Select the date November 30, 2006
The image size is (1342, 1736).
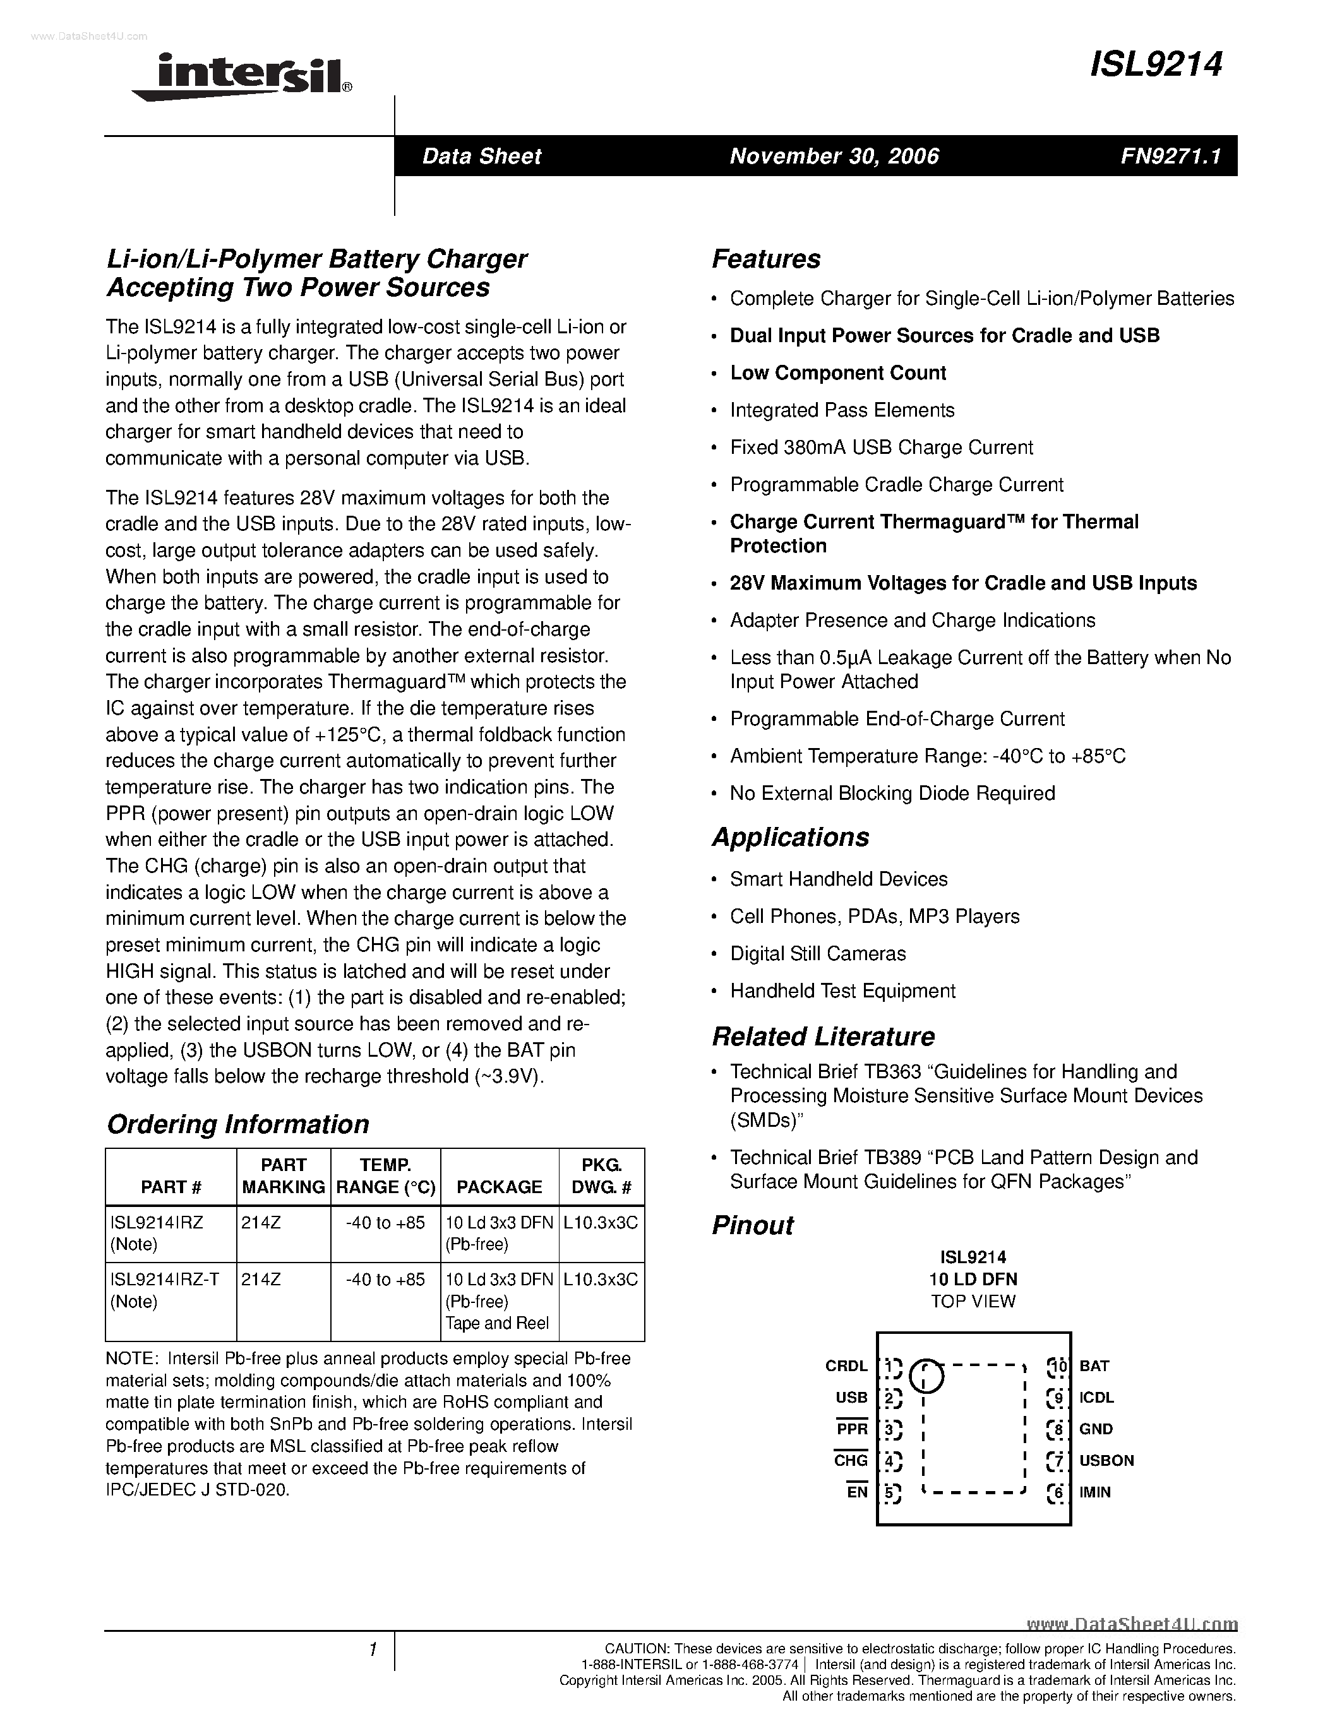click(x=834, y=156)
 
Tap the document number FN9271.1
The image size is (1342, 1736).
click(x=1170, y=156)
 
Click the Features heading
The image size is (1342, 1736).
click(x=765, y=259)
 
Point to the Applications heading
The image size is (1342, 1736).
click(x=790, y=837)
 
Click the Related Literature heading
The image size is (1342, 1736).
click(x=823, y=1037)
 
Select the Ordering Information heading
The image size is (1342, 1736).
click(x=237, y=1124)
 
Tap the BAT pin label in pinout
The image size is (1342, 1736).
click(x=1094, y=1365)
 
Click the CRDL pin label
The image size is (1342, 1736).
click(x=846, y=1365)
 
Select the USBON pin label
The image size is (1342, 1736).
click(x=1106, y=1460)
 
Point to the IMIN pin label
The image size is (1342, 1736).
click(x=1094, y=1492)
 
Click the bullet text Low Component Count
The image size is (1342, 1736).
click(x=838, y=373)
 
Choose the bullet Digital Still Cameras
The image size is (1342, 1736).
click(x=817, y=953)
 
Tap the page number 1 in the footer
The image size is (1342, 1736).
click(x=372, y=1650)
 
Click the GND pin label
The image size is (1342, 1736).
click(x=1096, y=1429)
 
